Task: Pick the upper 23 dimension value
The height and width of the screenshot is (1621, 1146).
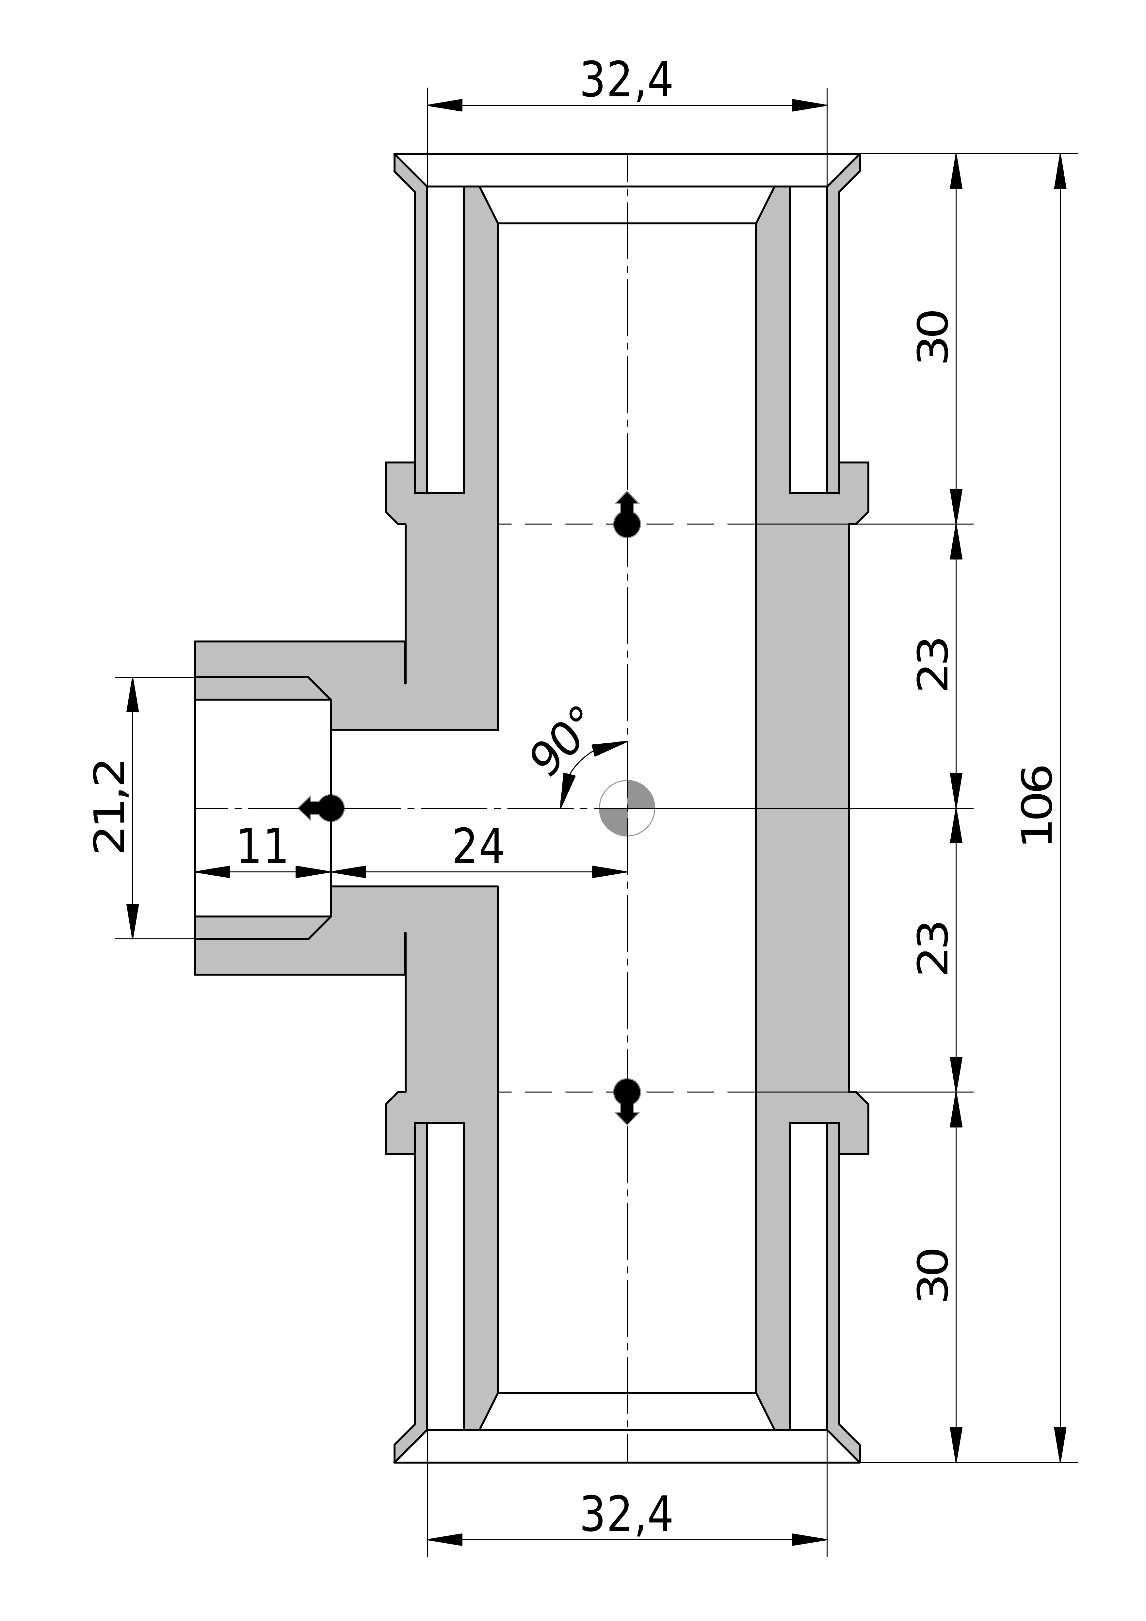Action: click(x=933, y=664)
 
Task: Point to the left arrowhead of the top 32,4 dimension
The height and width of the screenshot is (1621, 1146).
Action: click(x=445, y=105)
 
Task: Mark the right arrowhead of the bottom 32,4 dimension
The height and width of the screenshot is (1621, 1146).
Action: click(x=809, y=1559)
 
